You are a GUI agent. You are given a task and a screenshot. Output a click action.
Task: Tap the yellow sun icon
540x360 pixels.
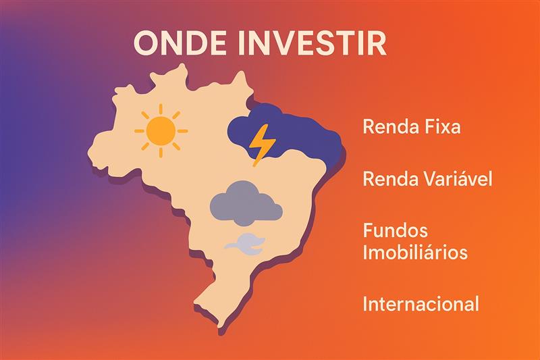point(161,130)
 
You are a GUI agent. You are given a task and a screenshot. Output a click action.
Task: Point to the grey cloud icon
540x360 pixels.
point(246,202)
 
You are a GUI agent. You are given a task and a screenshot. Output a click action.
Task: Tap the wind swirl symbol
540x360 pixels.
point(245,242)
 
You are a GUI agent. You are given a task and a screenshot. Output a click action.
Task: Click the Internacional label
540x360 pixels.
point(421,304)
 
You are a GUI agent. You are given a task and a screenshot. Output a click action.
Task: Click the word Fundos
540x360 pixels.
point(395,231)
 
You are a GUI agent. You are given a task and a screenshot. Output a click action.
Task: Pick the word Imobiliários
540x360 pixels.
point(415,253)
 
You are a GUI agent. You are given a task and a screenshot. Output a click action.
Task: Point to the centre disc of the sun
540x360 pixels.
point(161,130)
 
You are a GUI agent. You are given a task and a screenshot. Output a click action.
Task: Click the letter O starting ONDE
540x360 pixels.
point(146,43)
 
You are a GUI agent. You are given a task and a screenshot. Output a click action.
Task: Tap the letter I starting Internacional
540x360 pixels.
point(364,304)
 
